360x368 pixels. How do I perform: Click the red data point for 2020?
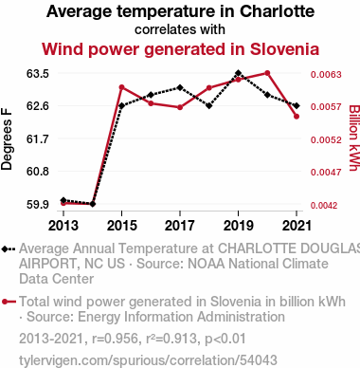(x=267, y=73)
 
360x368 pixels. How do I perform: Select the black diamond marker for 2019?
(x=238, y=73)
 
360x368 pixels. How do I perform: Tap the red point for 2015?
(x=121, y=87)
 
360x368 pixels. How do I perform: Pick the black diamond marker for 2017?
(x=180, y=87)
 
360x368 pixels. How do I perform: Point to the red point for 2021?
(x=297, y=117)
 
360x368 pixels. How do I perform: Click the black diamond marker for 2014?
(x=93, y=204)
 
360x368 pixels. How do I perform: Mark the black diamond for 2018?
(x=209, y=105)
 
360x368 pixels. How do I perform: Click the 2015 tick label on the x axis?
(x=122, y=226)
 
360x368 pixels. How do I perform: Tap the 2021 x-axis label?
(x=297, y=226)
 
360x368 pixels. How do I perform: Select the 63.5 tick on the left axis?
(x=38, y=74)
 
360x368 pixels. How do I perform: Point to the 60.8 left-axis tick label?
(x=38, y=172)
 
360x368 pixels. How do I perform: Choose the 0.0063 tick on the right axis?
(x=326, y=75)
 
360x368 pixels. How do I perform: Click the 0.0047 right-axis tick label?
(x=326, y=173)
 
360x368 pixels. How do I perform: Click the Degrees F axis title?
(x=7, y=139)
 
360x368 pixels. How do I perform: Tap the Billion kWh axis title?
(x=354, y=138)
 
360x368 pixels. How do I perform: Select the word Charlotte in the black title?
(x=277, y=11)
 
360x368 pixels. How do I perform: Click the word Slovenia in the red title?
(x=284, y=49)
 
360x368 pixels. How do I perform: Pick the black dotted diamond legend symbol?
(x=9, y=249)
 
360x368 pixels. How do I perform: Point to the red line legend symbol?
(x=9, y=302)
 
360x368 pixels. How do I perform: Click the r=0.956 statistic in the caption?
(x=115, y=339)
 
